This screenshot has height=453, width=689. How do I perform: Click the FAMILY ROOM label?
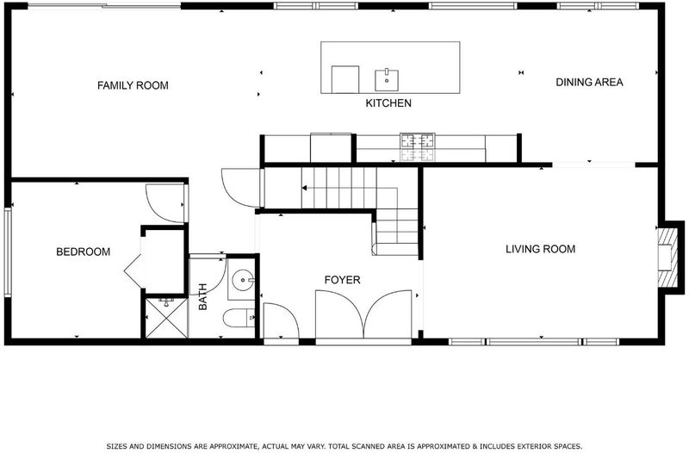pos(133,85)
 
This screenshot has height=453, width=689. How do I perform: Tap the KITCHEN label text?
pos(388,103)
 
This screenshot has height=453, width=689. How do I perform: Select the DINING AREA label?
pos(589,82)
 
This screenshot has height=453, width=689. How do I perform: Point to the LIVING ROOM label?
pos(541,249)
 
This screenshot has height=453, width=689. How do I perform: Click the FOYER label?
pos(342,280)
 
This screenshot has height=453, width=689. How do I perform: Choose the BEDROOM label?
pos(83,251)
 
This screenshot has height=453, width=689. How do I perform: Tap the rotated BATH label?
pos(202,297)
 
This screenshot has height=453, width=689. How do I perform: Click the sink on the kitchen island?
pos(387,80)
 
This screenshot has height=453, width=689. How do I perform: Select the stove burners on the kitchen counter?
pos(417,147)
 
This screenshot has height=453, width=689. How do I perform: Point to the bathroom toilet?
pos(239,318)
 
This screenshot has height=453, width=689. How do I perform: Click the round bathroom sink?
pos(243,280)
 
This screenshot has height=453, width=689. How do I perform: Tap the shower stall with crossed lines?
pos(166,318)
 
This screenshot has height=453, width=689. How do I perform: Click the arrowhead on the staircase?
pos(304,188)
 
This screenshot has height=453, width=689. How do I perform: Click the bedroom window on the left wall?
pos(8,252)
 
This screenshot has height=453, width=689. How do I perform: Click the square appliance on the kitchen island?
pos(345,79)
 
